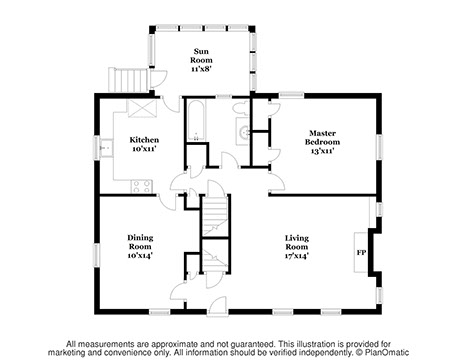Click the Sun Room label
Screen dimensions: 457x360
201,56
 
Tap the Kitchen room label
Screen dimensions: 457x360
144,140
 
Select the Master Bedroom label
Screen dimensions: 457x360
322,137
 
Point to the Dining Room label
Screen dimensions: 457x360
140,242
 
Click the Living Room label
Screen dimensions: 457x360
297,242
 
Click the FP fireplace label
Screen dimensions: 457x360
361,253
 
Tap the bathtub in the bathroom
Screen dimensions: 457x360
196,121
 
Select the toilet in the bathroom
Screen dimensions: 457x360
241,108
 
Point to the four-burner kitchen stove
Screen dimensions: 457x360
142,187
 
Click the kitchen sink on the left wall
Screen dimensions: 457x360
107,147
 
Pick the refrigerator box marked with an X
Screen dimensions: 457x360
142,108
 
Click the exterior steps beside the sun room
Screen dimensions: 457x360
128,80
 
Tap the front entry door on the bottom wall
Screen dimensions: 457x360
217,307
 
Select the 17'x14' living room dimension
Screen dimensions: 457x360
297,256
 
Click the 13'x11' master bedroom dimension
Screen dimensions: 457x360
322,151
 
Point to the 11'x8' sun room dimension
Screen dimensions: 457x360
201,69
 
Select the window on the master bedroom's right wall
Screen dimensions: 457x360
379,147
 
